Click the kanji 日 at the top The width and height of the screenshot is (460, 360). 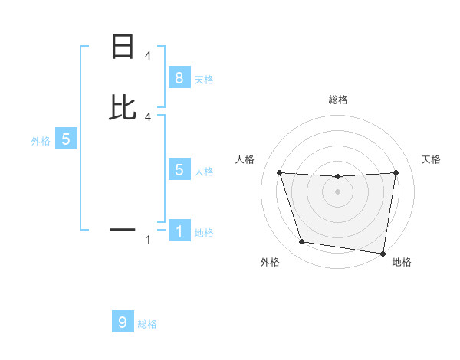123,47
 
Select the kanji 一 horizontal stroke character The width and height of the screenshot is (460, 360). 123,229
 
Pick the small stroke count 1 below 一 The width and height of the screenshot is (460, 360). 147,240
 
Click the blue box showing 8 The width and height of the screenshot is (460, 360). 179,77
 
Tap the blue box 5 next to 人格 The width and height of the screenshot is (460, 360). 179,170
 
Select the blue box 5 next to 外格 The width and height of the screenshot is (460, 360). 66,139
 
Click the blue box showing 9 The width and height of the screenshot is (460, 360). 123,322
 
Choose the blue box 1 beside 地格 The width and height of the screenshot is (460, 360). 179,231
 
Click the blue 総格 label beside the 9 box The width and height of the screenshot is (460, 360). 147,324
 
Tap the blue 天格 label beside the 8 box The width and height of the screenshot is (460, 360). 204,79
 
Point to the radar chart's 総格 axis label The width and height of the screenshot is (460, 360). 338,100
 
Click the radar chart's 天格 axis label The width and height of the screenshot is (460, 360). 431,159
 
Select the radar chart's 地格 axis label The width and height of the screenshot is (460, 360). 402,262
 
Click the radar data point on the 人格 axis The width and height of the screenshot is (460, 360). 279,173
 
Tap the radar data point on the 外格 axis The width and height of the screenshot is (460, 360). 301,242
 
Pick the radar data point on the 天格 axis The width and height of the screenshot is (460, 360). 396,173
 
